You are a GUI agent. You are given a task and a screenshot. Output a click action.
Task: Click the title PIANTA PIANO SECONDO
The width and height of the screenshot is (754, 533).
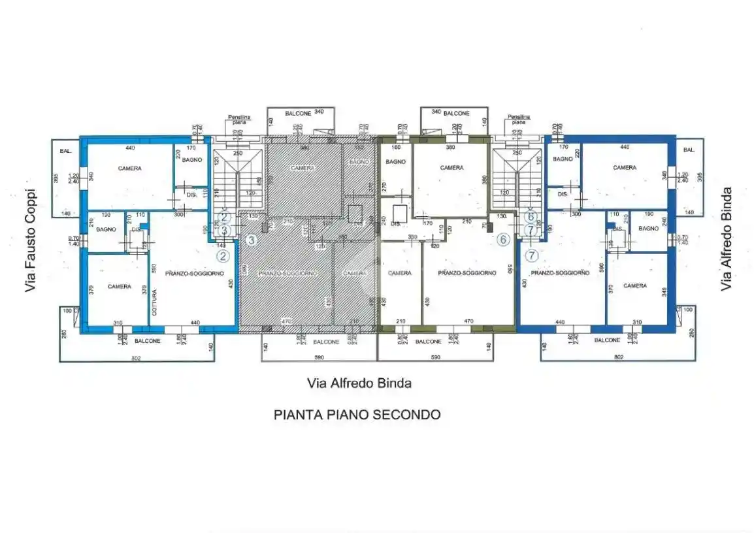[x=357, y=414]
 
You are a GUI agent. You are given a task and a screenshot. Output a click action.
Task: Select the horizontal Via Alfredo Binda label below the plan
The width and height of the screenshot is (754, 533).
[x=359, y=383]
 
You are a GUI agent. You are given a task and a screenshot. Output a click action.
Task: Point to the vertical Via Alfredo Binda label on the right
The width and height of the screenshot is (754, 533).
[x=726, y=239]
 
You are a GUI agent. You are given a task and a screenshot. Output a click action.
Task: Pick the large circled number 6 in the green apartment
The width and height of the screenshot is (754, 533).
[x=502, y=240]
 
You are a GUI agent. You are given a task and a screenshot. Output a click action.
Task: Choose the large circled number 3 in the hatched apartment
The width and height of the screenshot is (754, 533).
[x=250, y=240]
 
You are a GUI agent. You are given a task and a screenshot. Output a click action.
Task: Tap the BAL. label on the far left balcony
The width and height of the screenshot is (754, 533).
[x=65, y=150]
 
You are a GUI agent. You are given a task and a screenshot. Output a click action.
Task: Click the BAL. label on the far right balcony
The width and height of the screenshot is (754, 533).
[x=689, y=150]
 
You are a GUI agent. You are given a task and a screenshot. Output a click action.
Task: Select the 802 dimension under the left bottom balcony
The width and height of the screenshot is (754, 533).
[x=136, y=357]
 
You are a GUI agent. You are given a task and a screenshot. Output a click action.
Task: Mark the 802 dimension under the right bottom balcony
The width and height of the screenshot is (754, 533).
[x=619, y=357]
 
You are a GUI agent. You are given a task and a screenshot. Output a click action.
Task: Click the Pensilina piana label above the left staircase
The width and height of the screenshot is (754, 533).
[x=238, y=120]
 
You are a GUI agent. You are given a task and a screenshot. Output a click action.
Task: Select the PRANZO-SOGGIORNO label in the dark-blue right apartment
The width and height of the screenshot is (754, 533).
[x=552, y=273]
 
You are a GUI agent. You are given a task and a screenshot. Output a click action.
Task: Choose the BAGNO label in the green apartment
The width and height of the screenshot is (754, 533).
[x=396, y=161]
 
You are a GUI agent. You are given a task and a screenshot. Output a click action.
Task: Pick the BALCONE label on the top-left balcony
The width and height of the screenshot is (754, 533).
[x=297, y=113]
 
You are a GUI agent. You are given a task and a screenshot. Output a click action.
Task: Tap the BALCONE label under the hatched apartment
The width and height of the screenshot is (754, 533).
[x=326, y=342]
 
